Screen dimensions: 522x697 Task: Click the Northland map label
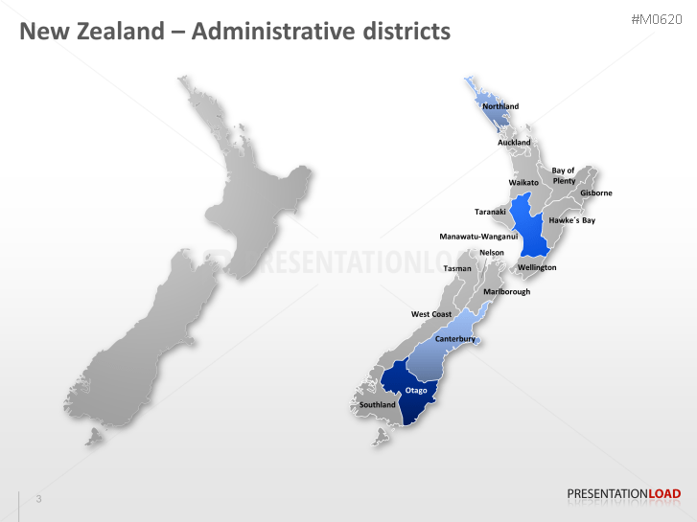500,106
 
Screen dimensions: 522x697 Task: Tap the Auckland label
514,143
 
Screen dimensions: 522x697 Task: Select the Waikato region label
523,182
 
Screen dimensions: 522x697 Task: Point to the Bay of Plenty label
564,176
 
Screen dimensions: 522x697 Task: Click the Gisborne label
595,193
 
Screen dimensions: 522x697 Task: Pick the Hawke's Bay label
571,220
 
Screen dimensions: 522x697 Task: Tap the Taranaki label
490,212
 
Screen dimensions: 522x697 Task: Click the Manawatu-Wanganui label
478,237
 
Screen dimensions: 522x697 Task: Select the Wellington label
537,267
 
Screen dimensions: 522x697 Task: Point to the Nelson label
491,253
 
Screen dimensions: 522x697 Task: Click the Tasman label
457,268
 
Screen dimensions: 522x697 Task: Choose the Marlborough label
507,291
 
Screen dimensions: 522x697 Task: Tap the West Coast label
431,314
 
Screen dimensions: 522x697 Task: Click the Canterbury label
455,339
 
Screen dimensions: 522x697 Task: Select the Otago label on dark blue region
416,391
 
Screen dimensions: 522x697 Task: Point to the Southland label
377,405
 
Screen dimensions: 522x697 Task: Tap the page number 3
38,499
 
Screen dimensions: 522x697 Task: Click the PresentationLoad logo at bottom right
624,494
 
